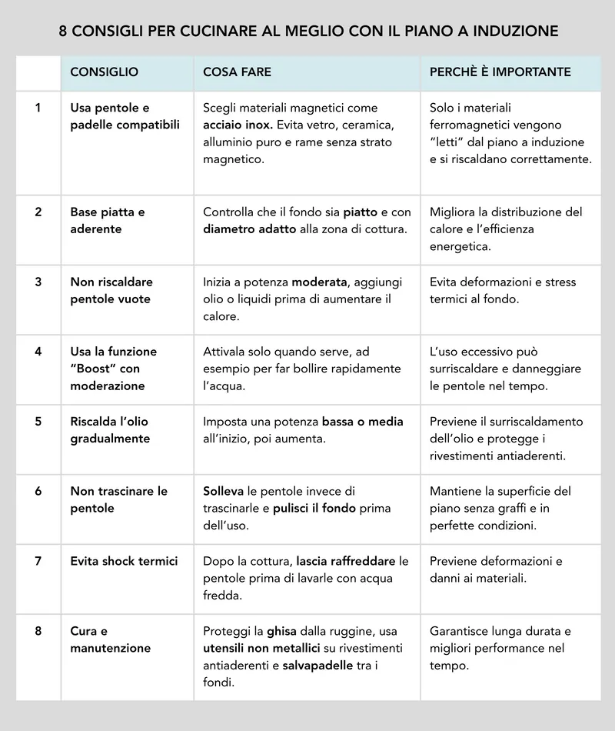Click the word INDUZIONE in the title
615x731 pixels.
click(x=516, y=32)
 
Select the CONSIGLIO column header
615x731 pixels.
click(x=104, y=72)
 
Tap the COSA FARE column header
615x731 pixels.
click(x=237, y=72)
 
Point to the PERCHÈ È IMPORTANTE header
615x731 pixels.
click(x=500, y=72)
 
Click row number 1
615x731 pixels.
click(x=38, y=108)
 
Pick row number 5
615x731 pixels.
click(x=38, y=422)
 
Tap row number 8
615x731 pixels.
click(x=38, y=631)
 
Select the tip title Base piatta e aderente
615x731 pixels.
click(x=108, y=220)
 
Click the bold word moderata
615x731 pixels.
click(x=319, y=282)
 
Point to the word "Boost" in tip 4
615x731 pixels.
click(x=95, y=369)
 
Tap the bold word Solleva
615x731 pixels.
click(x=223, y=491)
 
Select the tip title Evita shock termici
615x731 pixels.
click(x=124, y=561)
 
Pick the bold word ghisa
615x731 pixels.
click(x=281, y=631)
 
